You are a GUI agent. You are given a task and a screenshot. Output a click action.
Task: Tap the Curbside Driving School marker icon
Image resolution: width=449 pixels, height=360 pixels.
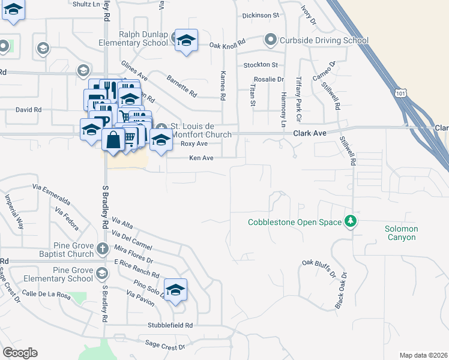click(x=271, y=40)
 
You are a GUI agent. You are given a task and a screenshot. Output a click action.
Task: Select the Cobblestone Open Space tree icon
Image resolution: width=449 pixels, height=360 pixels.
click(x=350, y=222)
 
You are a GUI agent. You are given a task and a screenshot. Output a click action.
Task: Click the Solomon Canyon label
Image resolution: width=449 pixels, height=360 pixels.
click(x=402, y=233)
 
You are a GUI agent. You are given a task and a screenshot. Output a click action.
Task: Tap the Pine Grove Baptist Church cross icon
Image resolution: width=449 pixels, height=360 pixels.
click(x=103, y=248)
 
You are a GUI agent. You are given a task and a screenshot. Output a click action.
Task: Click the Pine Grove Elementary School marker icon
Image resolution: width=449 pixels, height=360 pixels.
click(x=102, y=274)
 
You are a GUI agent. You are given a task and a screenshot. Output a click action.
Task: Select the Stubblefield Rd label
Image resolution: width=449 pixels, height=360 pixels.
click(x=170, y=325)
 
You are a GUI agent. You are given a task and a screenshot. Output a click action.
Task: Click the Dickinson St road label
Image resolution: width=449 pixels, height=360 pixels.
click(x=260, y=15)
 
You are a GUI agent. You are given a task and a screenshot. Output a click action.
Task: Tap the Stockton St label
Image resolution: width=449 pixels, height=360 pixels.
click(x=261, y=65)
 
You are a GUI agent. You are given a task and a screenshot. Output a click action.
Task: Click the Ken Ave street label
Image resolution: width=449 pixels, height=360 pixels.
click(x=202, y=158)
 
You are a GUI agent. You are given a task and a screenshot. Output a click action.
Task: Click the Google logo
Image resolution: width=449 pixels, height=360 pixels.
click(x=20, y=353)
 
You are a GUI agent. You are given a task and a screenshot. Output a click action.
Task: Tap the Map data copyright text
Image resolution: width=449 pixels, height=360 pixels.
click(x=424, y=355)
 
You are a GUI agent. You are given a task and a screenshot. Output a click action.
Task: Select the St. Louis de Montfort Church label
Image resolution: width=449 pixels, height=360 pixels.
click(x=200, y=130)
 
